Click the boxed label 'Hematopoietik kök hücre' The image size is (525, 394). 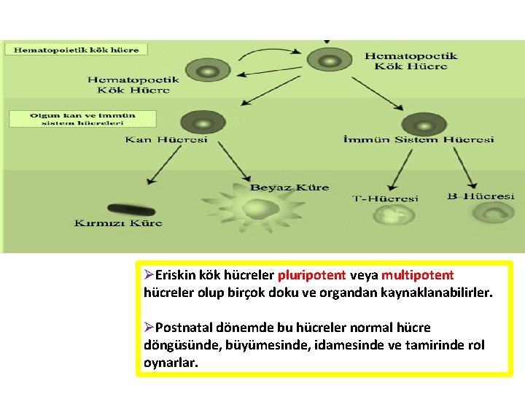click(x=77, y=50)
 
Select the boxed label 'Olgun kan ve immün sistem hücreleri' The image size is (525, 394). click(x=82, y=119)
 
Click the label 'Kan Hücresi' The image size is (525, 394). click(x=166, y=139)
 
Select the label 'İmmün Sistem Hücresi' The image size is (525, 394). click(x=419, y=139)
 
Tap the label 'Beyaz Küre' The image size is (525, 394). click(x=289, y=188)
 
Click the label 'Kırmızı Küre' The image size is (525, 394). click(x=118, y=223)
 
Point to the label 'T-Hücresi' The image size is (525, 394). click(x=386, y=198)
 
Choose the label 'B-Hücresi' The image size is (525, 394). click(x=481, y=196)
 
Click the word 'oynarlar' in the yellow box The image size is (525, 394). click(x=170, y=361)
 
